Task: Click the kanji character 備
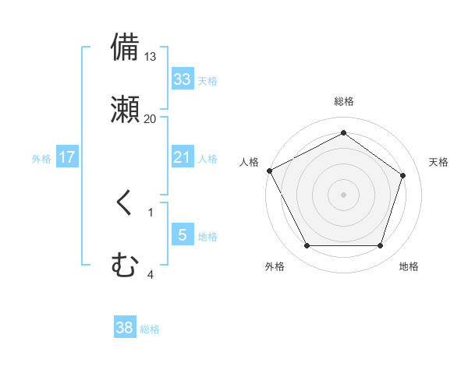tap(126, 48)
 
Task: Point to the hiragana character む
tap(126, 264)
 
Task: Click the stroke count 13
tap(151, 57)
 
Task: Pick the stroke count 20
tap(151, 118)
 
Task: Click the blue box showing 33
tap(183, 79)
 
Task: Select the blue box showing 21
tap(183, 157)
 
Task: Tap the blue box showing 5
tap(183, 235)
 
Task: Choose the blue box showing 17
tap(67, 157)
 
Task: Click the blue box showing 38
tap(125, 329)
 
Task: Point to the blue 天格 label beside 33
tap(207, 80)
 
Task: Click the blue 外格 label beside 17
tap(41, 158)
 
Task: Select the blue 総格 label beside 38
tap(150, 329)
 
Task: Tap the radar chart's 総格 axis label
tap(343, 101)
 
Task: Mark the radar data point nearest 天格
tap(403, 175)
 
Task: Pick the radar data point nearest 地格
tap(380, 246)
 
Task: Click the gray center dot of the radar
tap(343, 194)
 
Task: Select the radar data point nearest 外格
tap(307, 246)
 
